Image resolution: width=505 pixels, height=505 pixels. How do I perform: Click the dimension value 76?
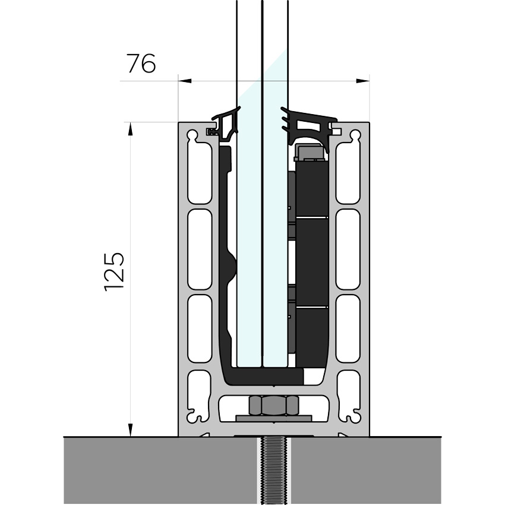tap(141, 63)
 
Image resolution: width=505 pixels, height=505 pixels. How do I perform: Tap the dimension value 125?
tap(115, 271)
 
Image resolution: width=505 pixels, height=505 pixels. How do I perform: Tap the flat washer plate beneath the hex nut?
tap(273, 418)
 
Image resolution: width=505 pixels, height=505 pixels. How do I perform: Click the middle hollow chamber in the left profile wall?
tap(200, 250)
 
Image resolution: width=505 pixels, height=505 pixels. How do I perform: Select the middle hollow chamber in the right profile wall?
tap(348, 250)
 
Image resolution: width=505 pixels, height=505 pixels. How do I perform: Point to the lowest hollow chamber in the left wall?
tap(200, 329)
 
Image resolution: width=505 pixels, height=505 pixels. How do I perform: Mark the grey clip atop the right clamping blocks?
tap(310, 152)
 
